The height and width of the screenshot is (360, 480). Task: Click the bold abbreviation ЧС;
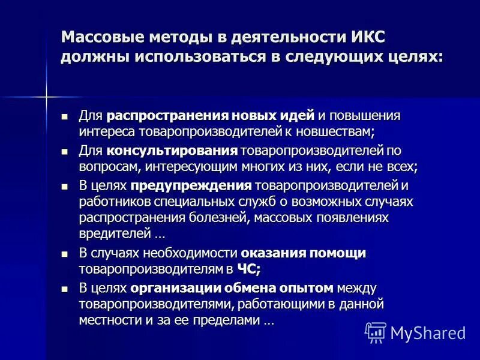pyautogui.click(x=247, y=269)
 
